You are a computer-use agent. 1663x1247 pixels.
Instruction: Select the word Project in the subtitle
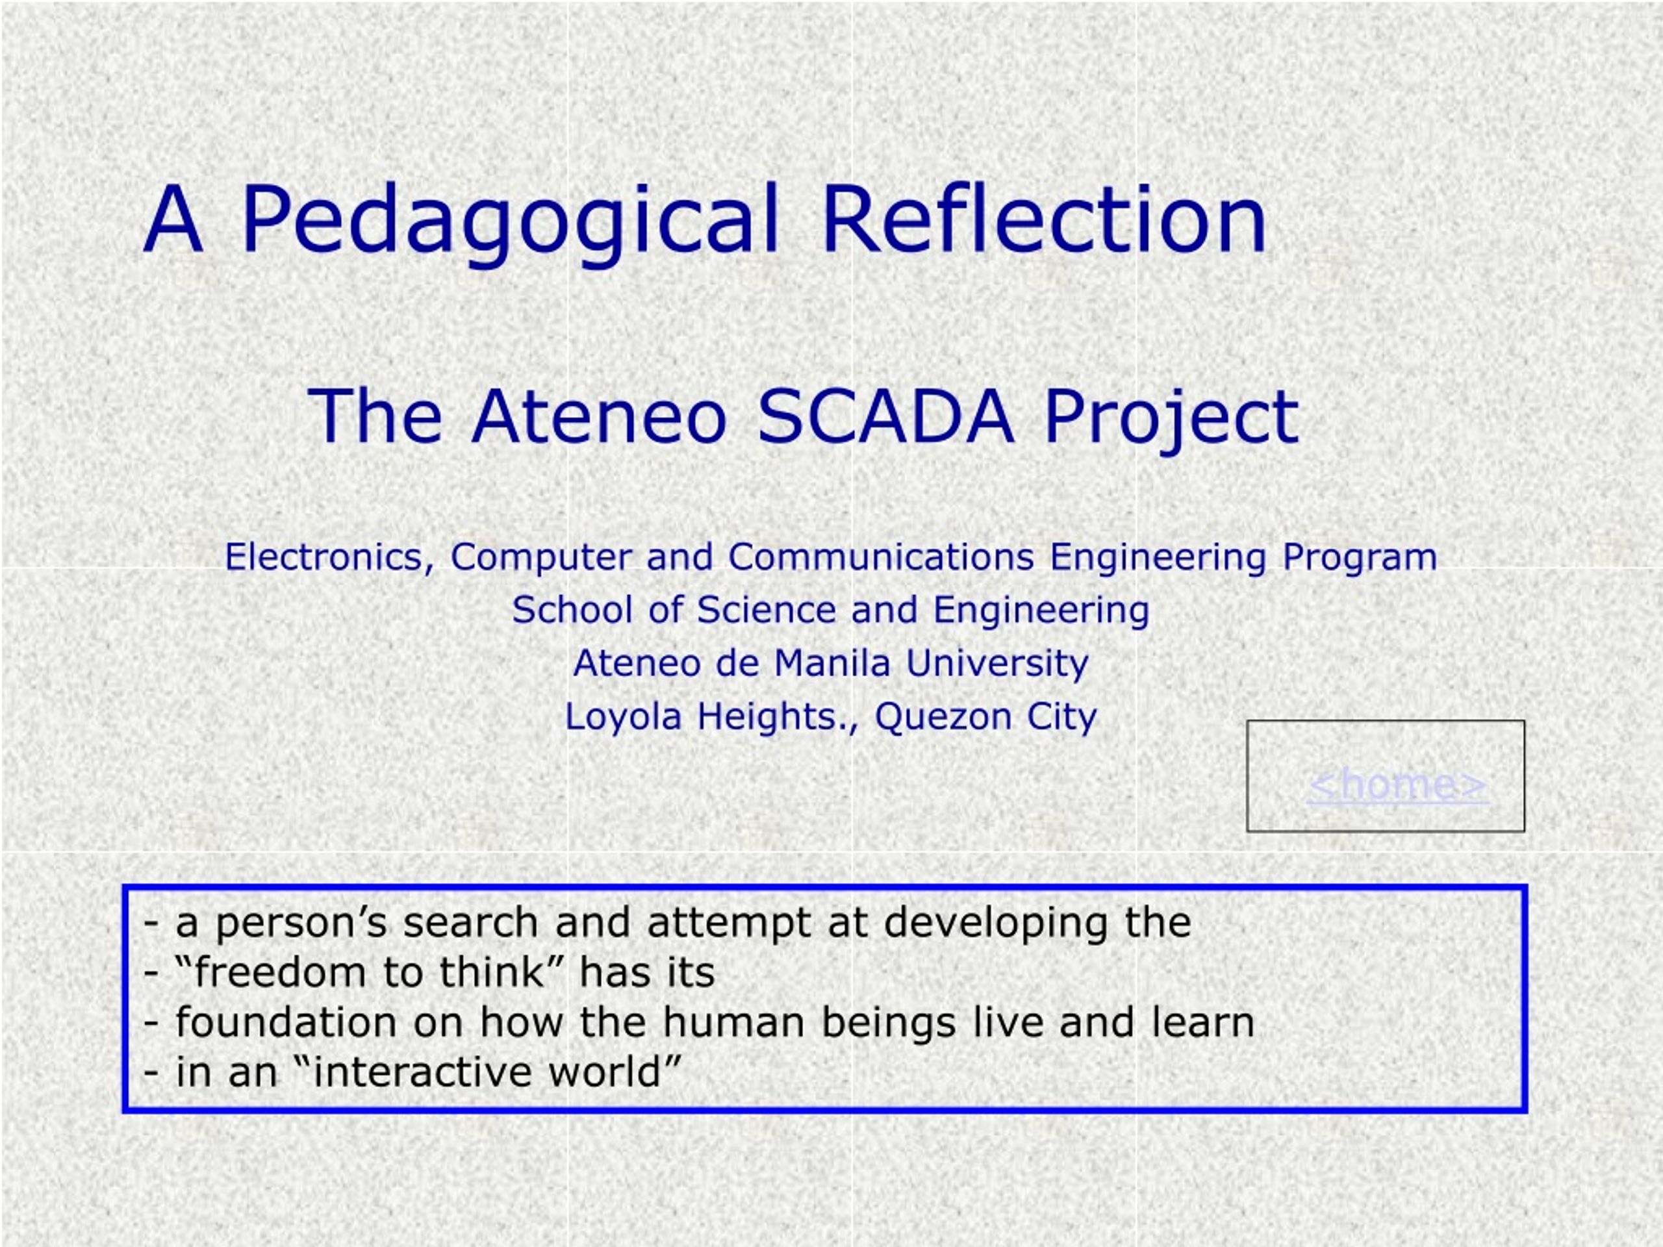[1171, 420]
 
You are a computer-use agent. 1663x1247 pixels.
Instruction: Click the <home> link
[1397, 784]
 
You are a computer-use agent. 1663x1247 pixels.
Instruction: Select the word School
[572, 610]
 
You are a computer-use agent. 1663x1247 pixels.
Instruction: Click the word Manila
[832, 663]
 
